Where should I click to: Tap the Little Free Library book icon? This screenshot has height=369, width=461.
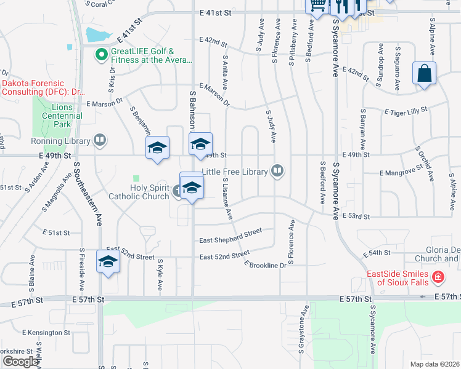tap(278, 172)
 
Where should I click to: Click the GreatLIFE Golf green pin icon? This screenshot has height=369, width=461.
tap(101, 55)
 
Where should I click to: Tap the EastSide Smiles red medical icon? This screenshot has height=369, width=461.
tap(438, 277)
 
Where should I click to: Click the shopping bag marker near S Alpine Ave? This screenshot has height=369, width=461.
tap(425, 74)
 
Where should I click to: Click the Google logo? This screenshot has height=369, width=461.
tap(20, 362)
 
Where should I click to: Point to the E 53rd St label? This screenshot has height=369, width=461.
tap(356, 216)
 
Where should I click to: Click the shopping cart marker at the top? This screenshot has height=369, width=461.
tap(317, 5)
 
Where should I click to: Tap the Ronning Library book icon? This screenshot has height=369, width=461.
tap(100, 141)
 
